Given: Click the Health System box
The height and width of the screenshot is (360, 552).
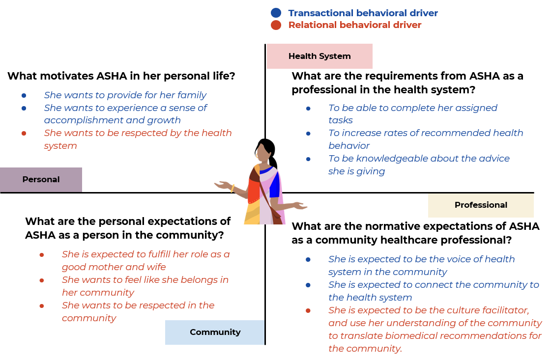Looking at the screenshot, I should coord(320,56).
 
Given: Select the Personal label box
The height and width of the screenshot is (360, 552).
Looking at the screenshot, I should coord(41,180).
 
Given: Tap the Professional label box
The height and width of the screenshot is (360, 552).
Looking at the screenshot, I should coord(481,205).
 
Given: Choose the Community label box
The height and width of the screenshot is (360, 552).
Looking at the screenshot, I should coord(215,332).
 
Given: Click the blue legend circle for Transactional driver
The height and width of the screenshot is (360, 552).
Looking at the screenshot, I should coord(276,13).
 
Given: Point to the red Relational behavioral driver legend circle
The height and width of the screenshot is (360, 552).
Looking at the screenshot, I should coord(276,25).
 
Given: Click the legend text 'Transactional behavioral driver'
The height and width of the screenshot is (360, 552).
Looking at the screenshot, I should coord(363,13).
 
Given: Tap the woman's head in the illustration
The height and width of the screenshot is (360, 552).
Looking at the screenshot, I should coord(263,153).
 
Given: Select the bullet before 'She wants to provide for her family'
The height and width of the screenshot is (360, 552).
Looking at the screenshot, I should coord(24,95).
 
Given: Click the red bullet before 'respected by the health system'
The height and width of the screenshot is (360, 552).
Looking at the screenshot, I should coord(24,133).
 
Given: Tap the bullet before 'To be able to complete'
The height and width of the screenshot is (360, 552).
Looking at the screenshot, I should coord(308,108).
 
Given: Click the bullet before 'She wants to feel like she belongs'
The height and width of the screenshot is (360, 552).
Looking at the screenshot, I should coord(42,280).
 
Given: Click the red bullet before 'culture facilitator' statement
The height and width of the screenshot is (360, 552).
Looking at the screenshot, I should coord(308,310).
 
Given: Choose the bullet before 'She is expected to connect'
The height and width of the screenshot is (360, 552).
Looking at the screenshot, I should coord(308,285).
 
